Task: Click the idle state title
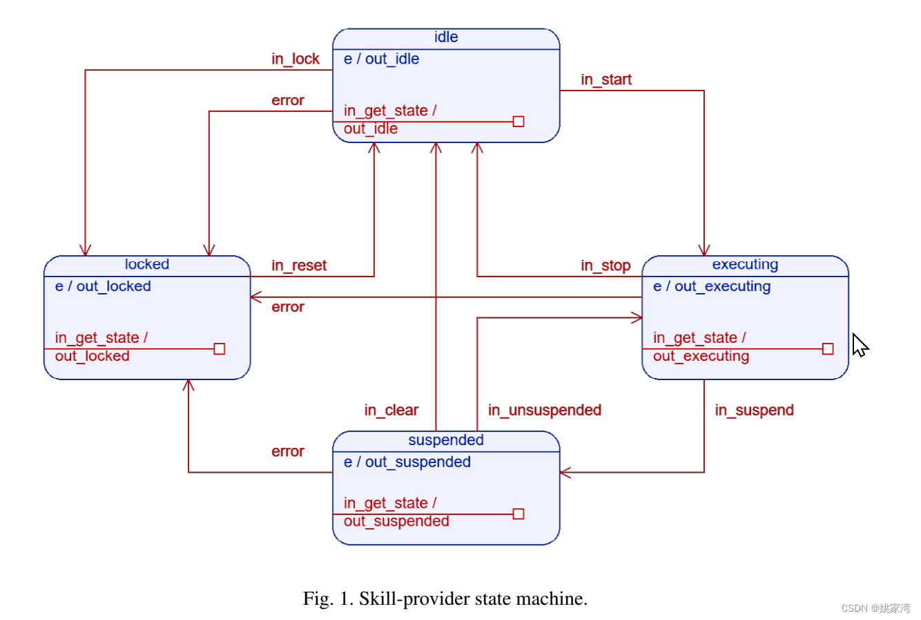pyautogui.click(x=446, y=37)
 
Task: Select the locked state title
pyautogui.click(x=146, y=265)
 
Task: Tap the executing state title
pyautogui.click(x=745, y=265)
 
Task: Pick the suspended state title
pyautogui.click(x=445, y=440)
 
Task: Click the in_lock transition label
pyautogui.click(x=295, y=59)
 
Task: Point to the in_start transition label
pyautogui.click(x=606, y=80)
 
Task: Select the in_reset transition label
pyautogui.click(x=299, y=266)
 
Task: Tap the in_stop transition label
pyautogui.click(x=605, y=266)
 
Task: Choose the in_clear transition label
pyautogui.click(x=391, y=411)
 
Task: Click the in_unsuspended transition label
pyautogui.click(x=545, y=411)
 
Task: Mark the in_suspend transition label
pyautogui.click(x=754, y=411)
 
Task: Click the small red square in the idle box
pyautogui.click(x=518, y=122)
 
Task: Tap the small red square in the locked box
pyautogui.click(x=220, y=349)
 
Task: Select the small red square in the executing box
pyautogui.click(x=828, y=349)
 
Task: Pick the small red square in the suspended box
pyautogui.click(x=518, y=514)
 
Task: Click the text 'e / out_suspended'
pyautogui.click(x=407, y=462)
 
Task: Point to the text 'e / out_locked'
pyautogui.click(x=103, y=287)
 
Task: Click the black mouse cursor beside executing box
pyautogui.click(x=860, y=345)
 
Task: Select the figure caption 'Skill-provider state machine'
pyautogui.click(x=445, y=599)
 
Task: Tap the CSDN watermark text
pyautogui.click(x=875, y=608)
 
